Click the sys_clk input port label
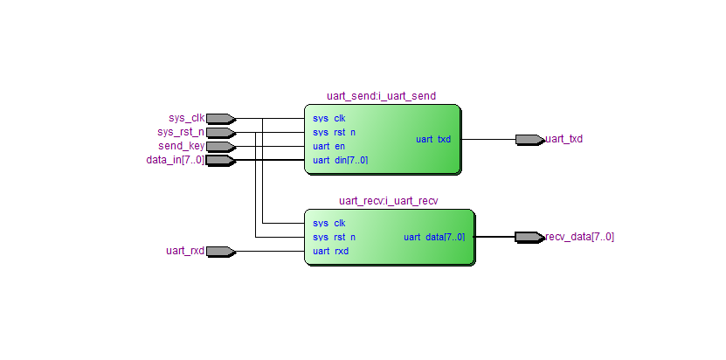pos(186,118)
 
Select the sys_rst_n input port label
pos(181,132)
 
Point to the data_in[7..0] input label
pos(176,160)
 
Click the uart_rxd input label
pos(185,251)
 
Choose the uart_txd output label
pos(564,139)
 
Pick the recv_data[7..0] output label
pos(580,237)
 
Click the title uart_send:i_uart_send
pos(381,96)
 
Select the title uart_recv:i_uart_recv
pos(388,201)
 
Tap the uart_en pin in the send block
pos(328,146)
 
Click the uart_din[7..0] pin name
pos(340,160)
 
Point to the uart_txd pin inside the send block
pos(433,139)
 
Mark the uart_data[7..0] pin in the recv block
pos(434,237)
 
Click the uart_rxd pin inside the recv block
pos(330,251)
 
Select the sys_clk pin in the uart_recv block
pos(328,223)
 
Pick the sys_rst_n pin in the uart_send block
pos(334,132)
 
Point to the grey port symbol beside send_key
pos(220,146)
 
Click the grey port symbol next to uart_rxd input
pos(220,251)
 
